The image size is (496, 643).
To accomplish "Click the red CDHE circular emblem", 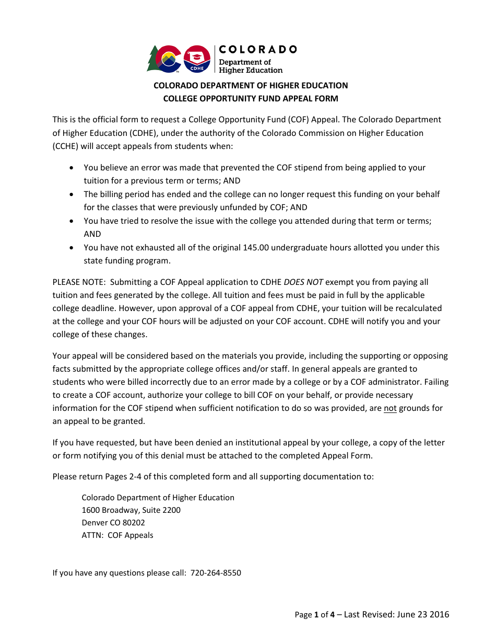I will [197, 58].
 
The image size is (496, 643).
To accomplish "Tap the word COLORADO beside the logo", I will [257, 50].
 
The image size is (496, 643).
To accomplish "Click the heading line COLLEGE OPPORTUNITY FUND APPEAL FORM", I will [251, 98].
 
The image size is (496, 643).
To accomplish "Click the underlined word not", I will [390, 408].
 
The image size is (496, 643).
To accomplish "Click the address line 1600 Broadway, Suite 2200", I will [131, 510].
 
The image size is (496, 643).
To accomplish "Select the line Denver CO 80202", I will [113, 522].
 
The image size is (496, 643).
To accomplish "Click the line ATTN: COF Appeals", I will [117, 535].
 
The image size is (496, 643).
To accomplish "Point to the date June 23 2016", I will [423, 614].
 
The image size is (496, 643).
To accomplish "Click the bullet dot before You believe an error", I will [72, 168].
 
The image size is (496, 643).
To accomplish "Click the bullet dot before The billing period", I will [72, 194].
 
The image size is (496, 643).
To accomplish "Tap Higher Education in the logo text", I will [251, 70].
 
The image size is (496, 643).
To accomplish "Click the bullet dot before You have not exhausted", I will [72, 247].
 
